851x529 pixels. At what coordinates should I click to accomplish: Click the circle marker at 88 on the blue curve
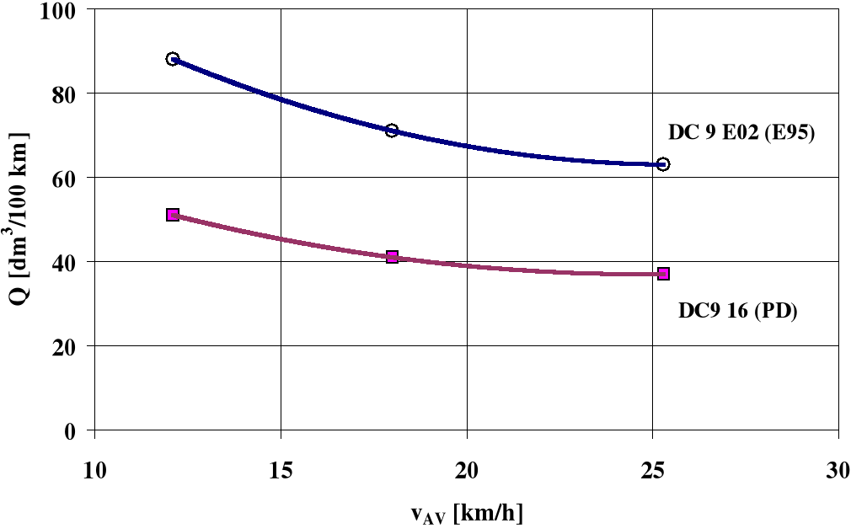click(x=173, y=59)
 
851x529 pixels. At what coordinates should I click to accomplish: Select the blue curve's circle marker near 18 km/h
click(x=392, y=131)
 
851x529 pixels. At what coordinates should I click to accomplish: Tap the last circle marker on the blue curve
click(x=663, y=164)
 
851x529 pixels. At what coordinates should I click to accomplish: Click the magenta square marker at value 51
click(x=173, y=215)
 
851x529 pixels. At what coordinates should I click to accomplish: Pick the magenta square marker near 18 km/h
click(x=392, y=257)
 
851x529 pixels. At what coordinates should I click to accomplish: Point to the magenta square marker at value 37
click(x=663, y=274)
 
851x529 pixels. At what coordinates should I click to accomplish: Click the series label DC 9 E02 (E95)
click(x=741, y=134)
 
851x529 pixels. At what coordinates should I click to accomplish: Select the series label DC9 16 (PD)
click(x=738, y=310)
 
